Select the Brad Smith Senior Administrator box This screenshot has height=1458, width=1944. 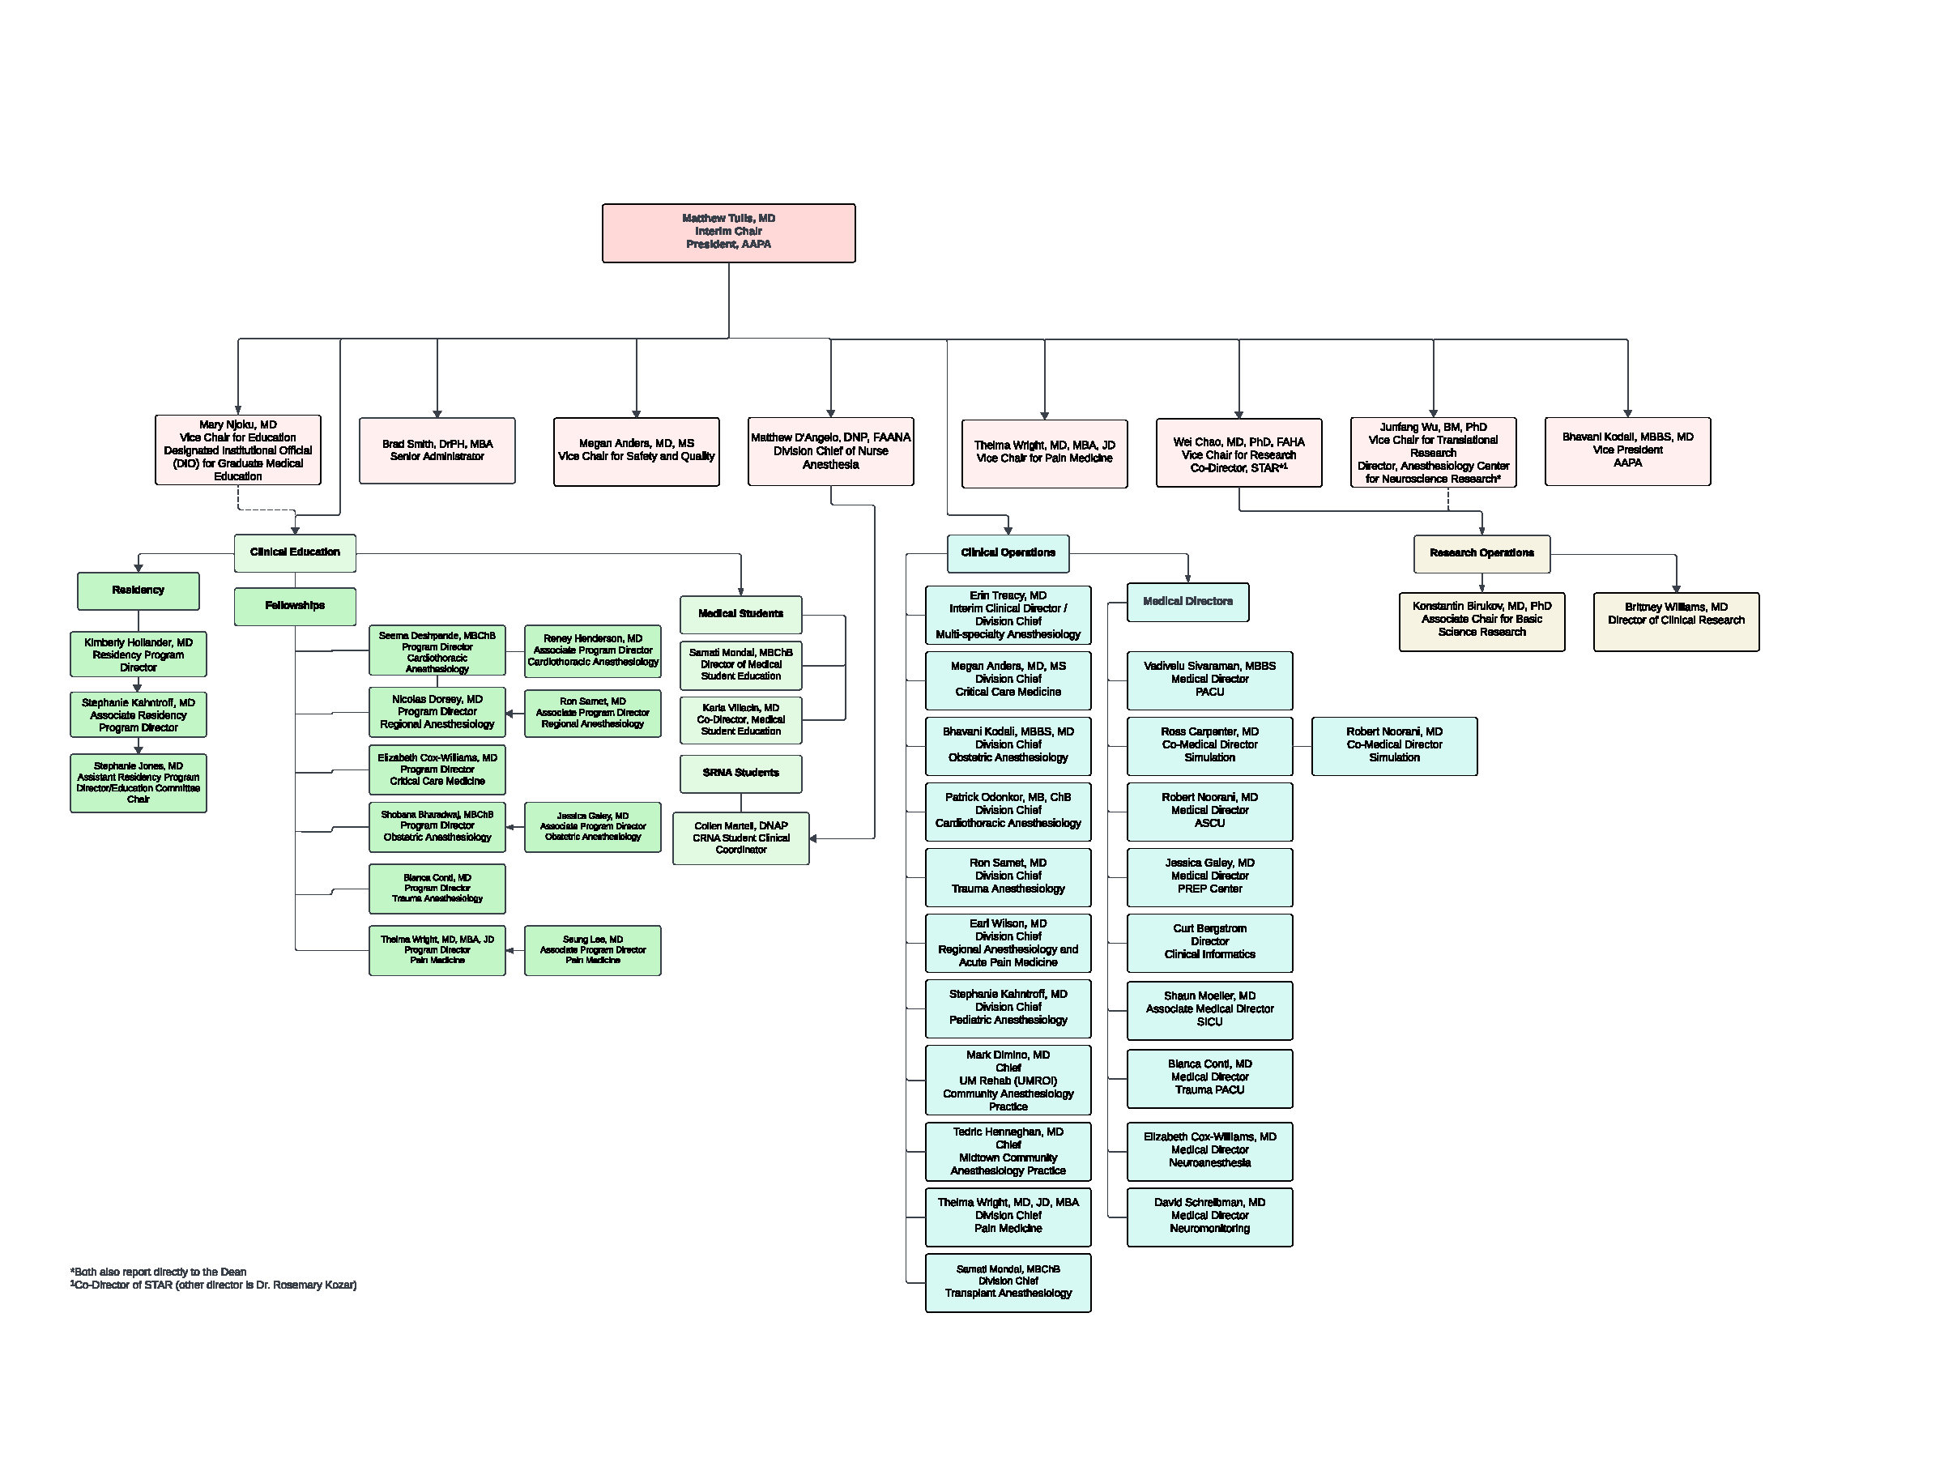click(437, 450)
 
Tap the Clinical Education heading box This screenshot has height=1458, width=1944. click(294, 552)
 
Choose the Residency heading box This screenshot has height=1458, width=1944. click(138, 590)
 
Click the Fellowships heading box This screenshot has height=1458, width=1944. click(294, 606)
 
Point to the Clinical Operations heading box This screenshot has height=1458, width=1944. click(1008, 552)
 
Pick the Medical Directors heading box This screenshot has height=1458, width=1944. click(1187, 602)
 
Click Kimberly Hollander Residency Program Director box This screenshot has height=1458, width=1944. click(138, 654)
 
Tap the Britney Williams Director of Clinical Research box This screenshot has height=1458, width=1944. click(1676, 620)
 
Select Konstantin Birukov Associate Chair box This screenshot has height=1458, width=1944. click(1481, 620)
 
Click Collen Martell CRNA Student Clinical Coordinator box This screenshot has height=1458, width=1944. click(741, 838)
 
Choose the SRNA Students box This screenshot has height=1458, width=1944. click(741, 774)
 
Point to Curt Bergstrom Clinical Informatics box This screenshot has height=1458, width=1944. click(1209, 942)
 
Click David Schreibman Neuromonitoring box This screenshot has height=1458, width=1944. click(1209, 1217)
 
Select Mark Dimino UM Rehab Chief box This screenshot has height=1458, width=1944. click(1008, 1080)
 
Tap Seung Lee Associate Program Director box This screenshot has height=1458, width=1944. click(592, 950)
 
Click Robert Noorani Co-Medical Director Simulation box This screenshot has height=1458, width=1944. click(1394, 745)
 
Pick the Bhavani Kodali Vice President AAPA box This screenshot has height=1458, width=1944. click(1627, 451)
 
